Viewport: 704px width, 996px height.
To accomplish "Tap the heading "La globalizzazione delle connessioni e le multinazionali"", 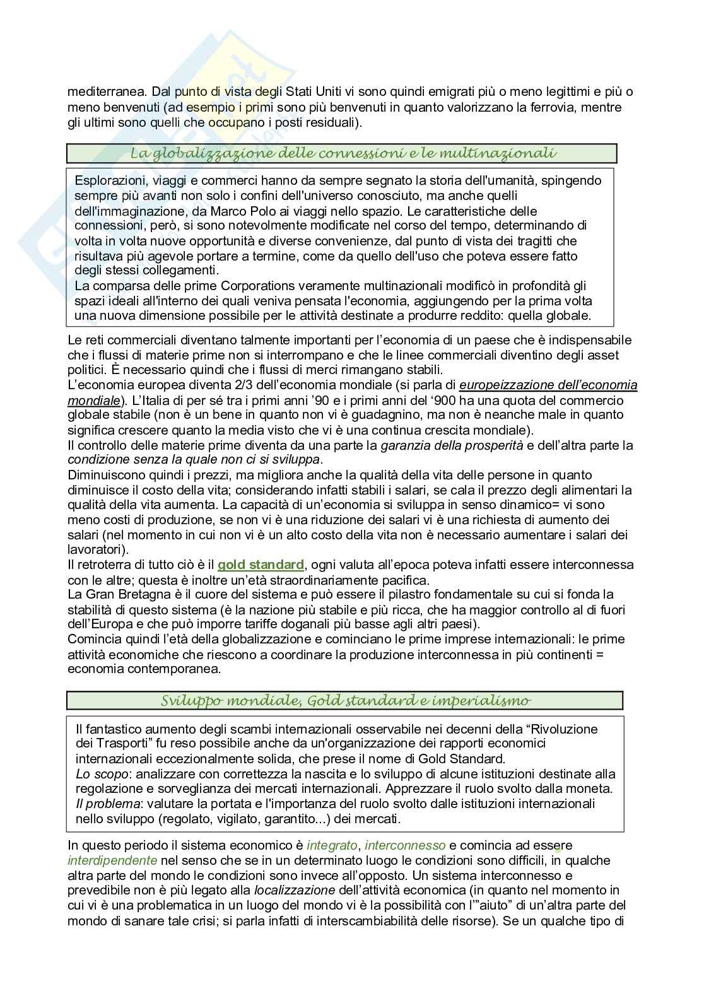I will (x=343, y=153).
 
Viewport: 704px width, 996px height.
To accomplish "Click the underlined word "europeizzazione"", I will (x=503, y=385).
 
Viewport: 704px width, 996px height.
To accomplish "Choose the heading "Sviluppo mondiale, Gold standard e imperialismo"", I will (x=345, y=701).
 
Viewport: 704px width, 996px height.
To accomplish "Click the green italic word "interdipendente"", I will (x=112, y=860).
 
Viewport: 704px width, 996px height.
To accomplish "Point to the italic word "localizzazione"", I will (x=295, y=891).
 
